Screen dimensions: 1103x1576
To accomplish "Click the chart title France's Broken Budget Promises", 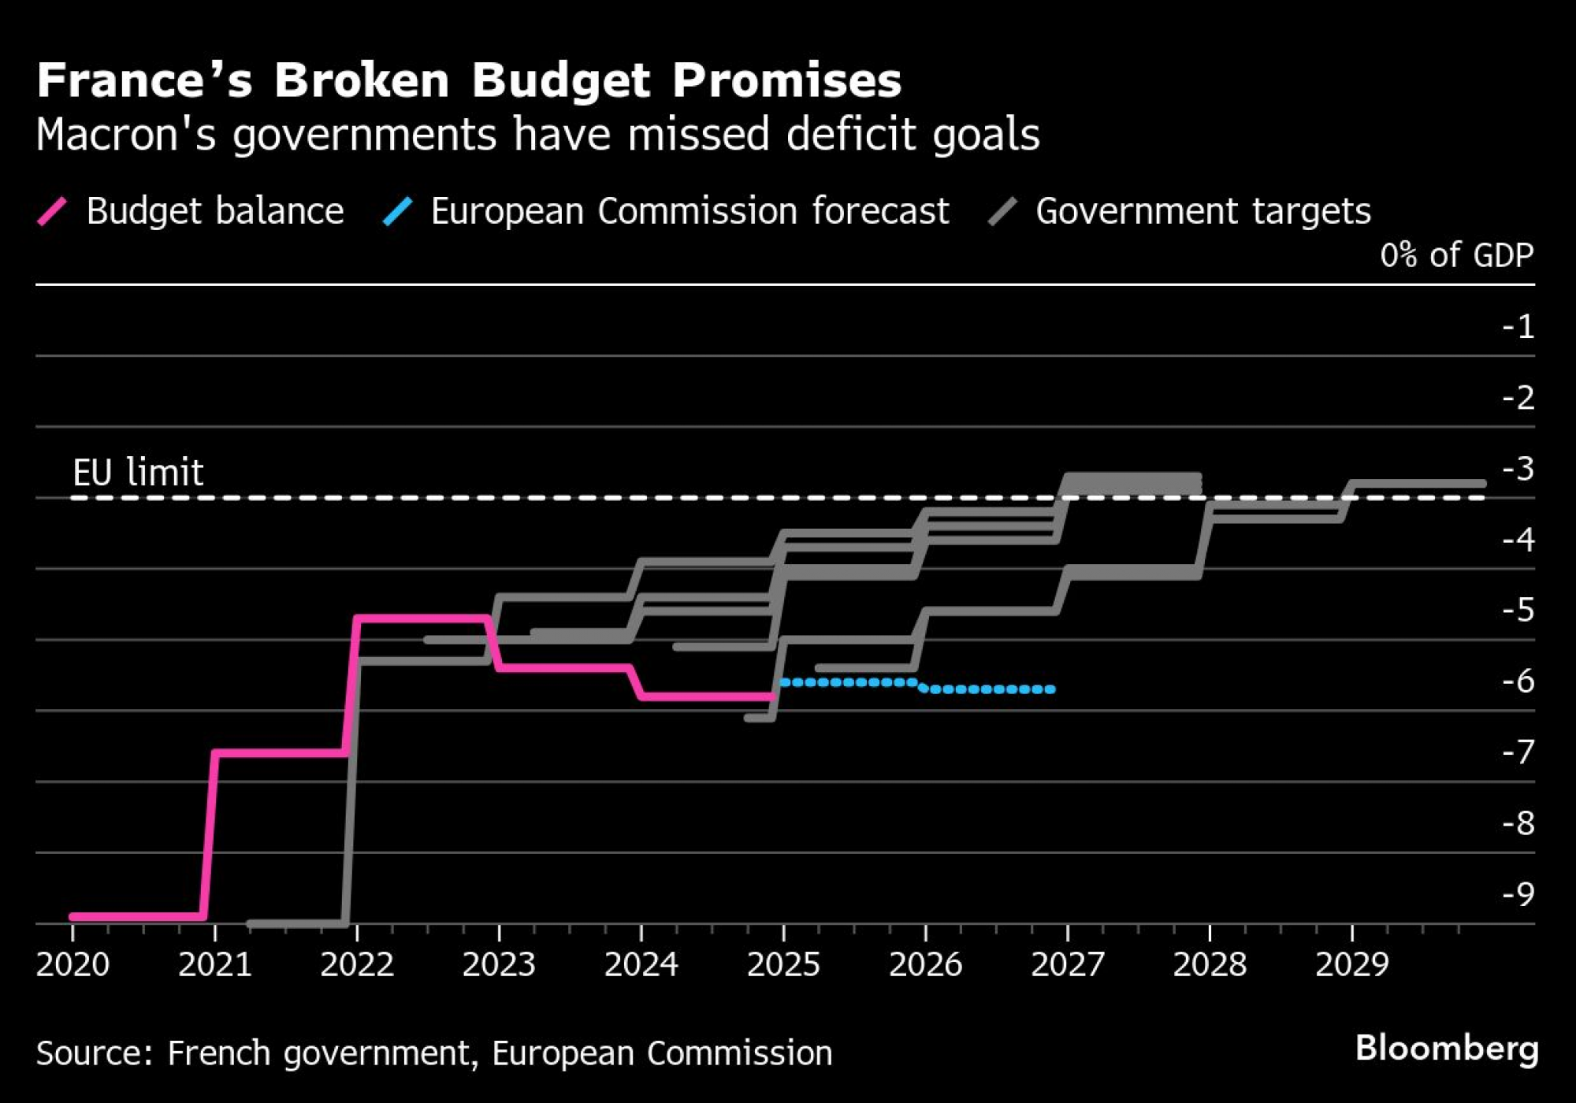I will click(469, 80).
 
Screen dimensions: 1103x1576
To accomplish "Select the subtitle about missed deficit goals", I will click(537, 134).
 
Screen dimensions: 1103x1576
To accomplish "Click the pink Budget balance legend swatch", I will click(53, 211).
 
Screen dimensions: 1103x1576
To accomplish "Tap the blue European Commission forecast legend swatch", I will click(397, 211).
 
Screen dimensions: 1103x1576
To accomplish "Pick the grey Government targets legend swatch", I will click(1002, 211).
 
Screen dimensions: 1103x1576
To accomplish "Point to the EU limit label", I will click(138, 473).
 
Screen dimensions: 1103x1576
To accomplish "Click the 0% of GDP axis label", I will click(1456, 255).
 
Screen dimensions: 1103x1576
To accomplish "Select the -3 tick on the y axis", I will click(1518, 469).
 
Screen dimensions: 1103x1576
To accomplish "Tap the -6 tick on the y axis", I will click(1518, 681).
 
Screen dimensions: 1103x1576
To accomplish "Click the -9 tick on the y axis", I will click(1518, 894).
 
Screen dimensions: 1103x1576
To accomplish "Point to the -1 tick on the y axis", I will click(1518, 326).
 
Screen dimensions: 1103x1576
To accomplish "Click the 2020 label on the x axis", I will click(72, 964).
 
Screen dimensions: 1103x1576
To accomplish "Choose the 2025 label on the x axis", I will click(783, 964).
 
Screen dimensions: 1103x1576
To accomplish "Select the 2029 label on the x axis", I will click(1351, 964).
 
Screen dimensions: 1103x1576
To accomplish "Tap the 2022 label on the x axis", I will click(357, 964).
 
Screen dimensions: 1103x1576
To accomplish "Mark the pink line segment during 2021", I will click(280, 753).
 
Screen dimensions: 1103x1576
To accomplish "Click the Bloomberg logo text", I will click(1447, 1049).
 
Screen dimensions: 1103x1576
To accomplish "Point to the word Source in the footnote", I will click(94, 1053).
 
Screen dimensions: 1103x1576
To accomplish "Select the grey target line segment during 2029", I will click(1418, 484).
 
